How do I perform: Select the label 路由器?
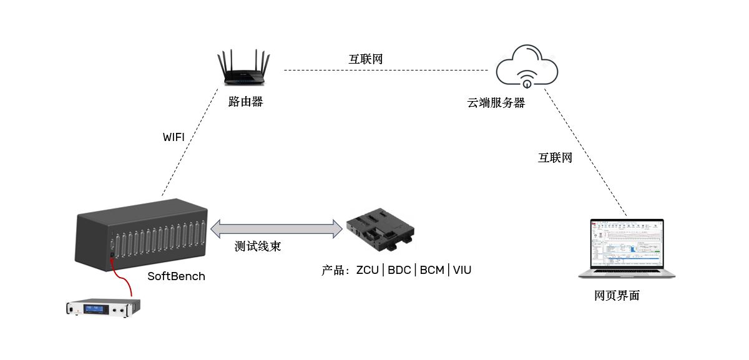245,102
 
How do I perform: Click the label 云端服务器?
496,103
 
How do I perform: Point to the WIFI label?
174,137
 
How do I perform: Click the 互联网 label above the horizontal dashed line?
365,59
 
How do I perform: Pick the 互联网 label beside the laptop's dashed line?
555,158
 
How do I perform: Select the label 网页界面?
617,296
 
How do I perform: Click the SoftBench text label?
176,276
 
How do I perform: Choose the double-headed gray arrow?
277,228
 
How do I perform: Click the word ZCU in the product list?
368,270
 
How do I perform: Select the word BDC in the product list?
400,270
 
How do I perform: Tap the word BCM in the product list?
432,270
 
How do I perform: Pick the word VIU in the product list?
462,270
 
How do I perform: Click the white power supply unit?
104,307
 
